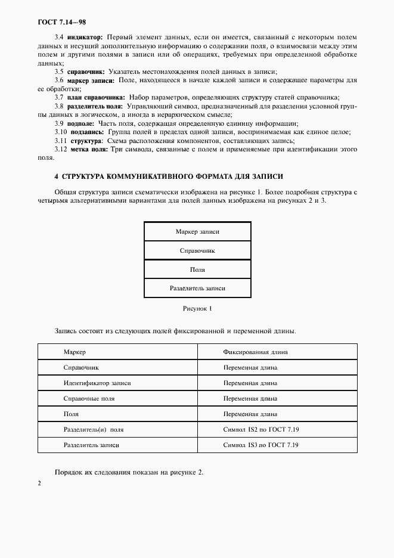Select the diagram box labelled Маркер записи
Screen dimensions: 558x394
click(197, 231)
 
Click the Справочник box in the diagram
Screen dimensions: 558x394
click(197, 250)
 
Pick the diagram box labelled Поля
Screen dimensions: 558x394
click(197, 269)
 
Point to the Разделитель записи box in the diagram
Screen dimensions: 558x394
click(197, 289)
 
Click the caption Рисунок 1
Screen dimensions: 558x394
click(197, 308)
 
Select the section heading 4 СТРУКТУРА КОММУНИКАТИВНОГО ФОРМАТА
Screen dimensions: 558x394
click(169, 176)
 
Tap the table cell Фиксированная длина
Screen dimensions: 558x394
click(255, 352)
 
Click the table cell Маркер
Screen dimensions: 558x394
click(75, 352)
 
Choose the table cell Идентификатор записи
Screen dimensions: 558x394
click(97, 383)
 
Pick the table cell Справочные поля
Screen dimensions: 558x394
click(89, 398)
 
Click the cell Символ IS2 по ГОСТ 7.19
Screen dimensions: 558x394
click(260, 429)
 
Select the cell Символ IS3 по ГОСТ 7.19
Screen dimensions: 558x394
click(260, 445)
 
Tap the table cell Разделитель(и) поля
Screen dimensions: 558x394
click(94, 429)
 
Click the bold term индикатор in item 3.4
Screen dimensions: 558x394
click(85, 37)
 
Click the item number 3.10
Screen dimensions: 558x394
click(60, 131)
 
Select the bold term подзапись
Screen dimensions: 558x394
click(88, 131)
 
